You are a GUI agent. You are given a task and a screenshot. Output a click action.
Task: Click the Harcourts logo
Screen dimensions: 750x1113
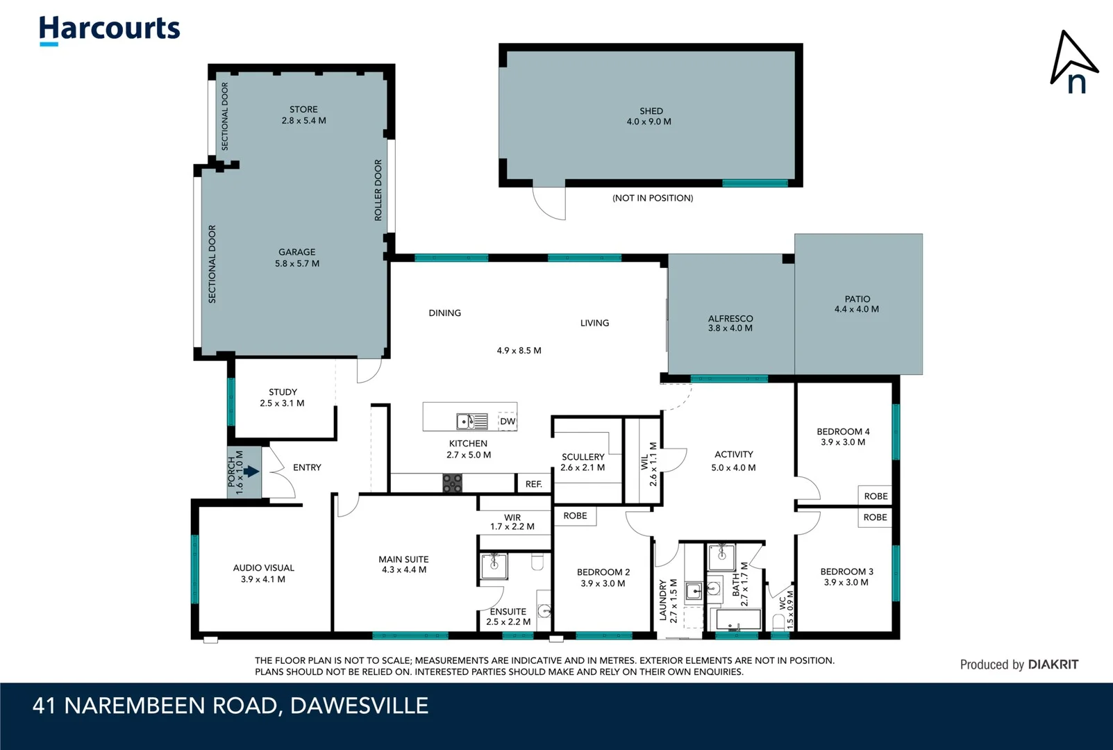coord(109,30)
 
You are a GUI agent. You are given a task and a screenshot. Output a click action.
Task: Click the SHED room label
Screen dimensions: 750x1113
coord(651,111)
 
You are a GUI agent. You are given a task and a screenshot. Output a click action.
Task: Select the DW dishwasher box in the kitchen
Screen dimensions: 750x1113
coord(508,422)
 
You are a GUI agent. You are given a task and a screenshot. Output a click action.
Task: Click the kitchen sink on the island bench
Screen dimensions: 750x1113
coord(471,421)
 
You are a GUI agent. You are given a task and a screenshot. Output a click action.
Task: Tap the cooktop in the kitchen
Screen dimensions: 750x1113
coord(452,483)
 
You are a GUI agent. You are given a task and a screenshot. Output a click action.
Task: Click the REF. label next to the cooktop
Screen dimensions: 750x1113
coord(533,484)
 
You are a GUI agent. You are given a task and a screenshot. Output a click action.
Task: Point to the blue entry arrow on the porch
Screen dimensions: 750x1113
coord(251,472)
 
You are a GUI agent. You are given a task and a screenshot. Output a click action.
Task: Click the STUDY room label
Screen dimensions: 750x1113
coord(283,392)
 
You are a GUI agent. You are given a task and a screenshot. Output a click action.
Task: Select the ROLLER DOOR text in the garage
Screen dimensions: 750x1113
coord(378,190)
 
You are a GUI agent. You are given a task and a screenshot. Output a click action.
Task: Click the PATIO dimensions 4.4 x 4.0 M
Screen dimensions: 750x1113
coord(856,310)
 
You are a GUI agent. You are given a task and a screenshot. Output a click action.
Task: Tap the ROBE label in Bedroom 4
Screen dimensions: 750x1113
coord(876,496)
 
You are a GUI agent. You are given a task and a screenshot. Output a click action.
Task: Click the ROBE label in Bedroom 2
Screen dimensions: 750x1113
coord(575,516)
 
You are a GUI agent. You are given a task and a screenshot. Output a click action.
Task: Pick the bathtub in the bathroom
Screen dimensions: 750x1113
coord(738,619)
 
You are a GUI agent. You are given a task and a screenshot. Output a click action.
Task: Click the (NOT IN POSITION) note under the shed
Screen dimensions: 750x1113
coord(652,199)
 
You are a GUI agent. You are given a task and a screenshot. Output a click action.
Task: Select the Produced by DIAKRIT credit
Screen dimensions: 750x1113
coord(1019,665)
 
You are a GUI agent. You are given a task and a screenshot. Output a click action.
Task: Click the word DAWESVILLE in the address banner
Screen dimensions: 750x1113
coord(359,706)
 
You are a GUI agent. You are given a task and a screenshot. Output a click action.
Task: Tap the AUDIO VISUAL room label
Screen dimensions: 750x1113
coord(263,568)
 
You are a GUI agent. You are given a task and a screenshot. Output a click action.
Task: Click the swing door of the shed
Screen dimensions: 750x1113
coord(549,203)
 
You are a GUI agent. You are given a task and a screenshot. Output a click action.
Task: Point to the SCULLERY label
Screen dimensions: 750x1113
coord(583,457)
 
